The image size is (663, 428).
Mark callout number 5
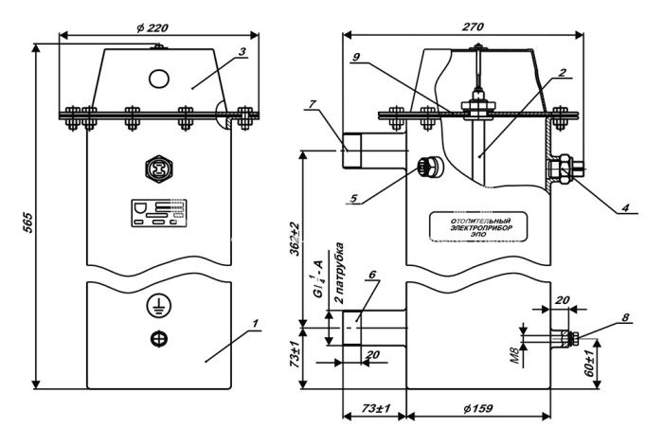click(x=353, y=201)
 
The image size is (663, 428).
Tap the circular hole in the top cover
click(x=158, y=77)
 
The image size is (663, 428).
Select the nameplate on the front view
click(x=158, y=214)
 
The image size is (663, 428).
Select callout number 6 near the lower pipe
click(x=373, y=276)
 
